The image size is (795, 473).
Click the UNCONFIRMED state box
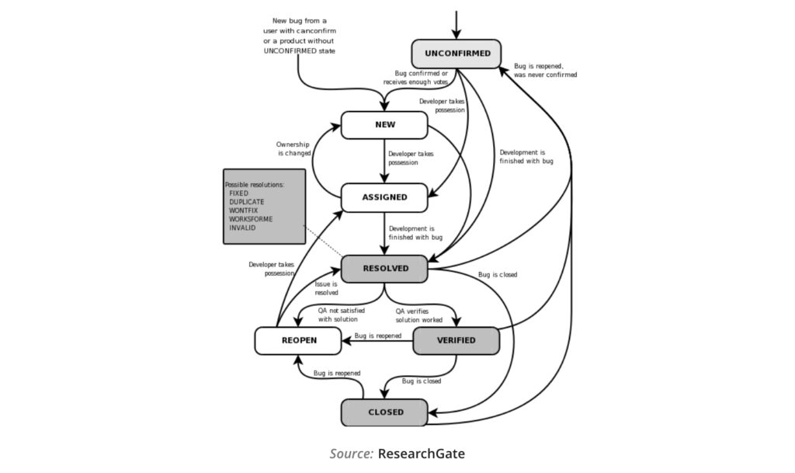[x=457, y=54]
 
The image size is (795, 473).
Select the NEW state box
[x=384, y=125]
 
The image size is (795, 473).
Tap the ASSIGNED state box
[x=384, y=197]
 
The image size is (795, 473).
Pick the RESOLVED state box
[x=385, y=269]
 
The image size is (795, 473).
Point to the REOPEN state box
[x=298, y=340]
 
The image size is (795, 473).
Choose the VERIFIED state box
[x=456, y=340]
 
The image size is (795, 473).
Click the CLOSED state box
[x=384, y=412]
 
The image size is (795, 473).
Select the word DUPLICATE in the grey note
[x=247, y=202]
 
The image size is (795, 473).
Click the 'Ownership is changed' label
[x=293, y=149]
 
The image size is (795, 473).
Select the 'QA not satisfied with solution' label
[x=341, y=315]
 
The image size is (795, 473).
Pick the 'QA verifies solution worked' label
[x=419, y=315]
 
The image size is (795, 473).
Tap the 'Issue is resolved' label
[x=326, y=289]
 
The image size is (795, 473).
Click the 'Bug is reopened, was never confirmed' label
[x=545, y=71]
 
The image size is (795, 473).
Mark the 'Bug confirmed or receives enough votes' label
[x=415, y=77]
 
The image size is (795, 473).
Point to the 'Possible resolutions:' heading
[x=255, y=184]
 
